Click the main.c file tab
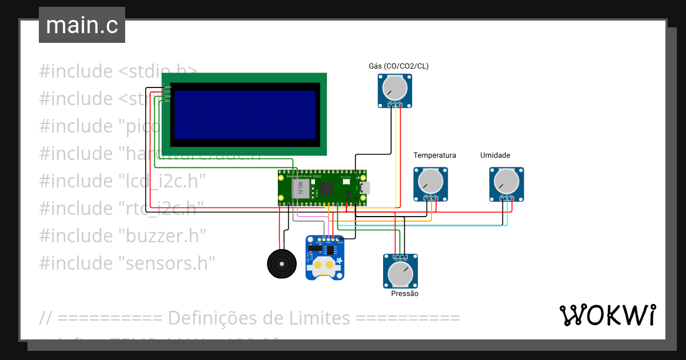pos(82,26)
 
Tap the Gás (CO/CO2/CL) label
pos(398,66)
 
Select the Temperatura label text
pos(434,155)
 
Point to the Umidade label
pos(495,155)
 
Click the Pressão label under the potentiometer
pos(405,294)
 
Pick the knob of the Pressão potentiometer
pos(400,274)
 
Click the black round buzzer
pos(281,263)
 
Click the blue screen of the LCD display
pos(245,115)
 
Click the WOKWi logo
pos(607,315)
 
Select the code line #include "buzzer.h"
pos(122,235)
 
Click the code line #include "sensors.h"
pos(127,263)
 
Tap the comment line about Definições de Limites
pos(249,318)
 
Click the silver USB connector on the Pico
pos(364,187)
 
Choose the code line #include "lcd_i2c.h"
pos(122,181)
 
